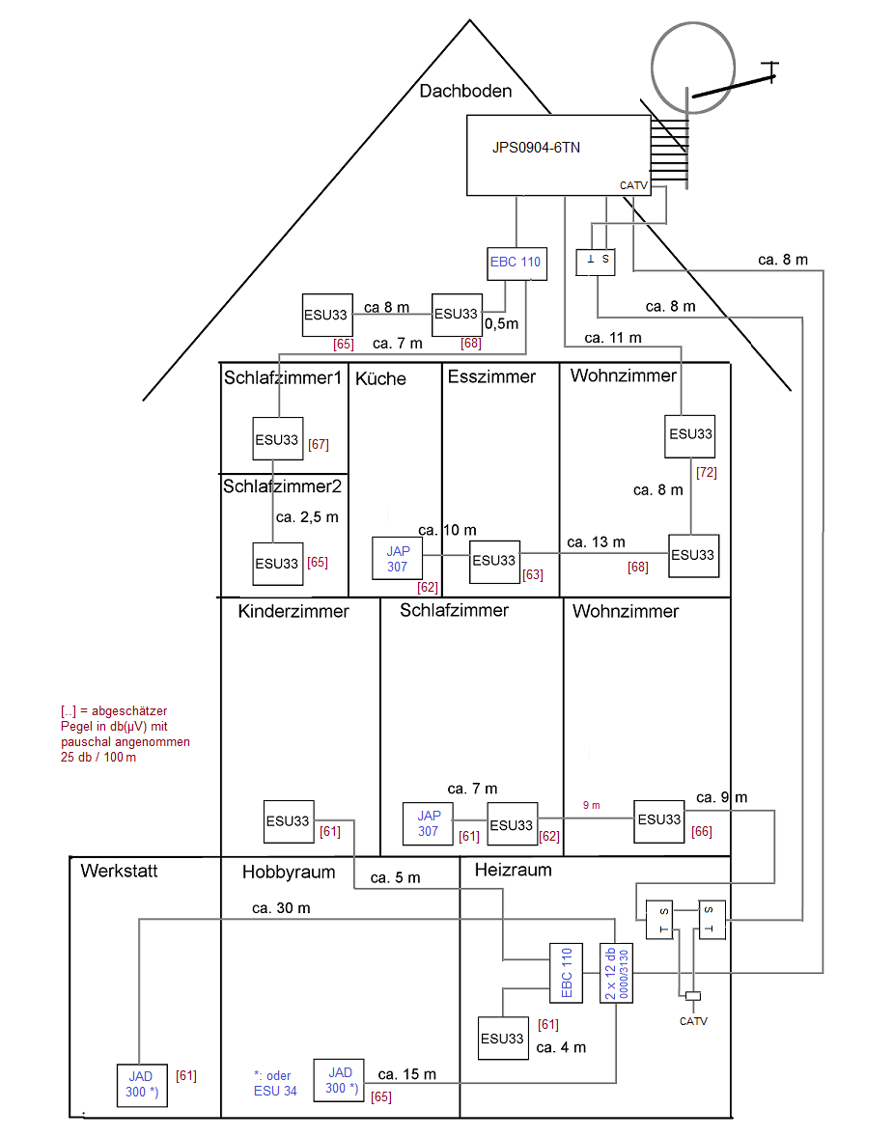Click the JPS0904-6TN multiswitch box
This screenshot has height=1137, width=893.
tap(559, 155)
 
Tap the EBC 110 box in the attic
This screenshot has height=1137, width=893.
tap(517, 263)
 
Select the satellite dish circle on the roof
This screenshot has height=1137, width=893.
tap(693, 68)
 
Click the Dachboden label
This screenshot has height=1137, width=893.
tap(465, 92)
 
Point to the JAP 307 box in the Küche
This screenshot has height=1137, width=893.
tap(398, 558)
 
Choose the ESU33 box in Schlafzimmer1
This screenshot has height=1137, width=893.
tap(278, 439)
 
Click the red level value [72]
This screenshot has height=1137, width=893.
tap(707, 472)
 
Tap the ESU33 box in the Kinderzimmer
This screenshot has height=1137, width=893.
tap(289, 821)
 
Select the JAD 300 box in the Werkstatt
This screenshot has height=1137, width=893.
tap(142, 1086)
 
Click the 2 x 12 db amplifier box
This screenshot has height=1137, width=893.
tap(617, 973)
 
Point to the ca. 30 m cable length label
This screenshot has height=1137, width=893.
tap(282, 908)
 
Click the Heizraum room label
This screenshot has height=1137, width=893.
tap(514, 870)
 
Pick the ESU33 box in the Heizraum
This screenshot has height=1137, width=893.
tap(503, 1039)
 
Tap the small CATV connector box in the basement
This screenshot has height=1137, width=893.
tap(693, 996)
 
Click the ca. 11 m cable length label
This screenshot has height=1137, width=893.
tap(613, 338)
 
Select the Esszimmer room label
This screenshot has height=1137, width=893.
tap(491, 376)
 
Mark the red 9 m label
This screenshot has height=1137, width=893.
tap(592, 805)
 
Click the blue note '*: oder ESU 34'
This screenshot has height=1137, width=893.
tap(276, 1083)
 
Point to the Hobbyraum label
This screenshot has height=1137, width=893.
tap(289, 872)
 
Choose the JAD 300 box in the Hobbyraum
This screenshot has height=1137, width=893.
tap(339, 1080)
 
